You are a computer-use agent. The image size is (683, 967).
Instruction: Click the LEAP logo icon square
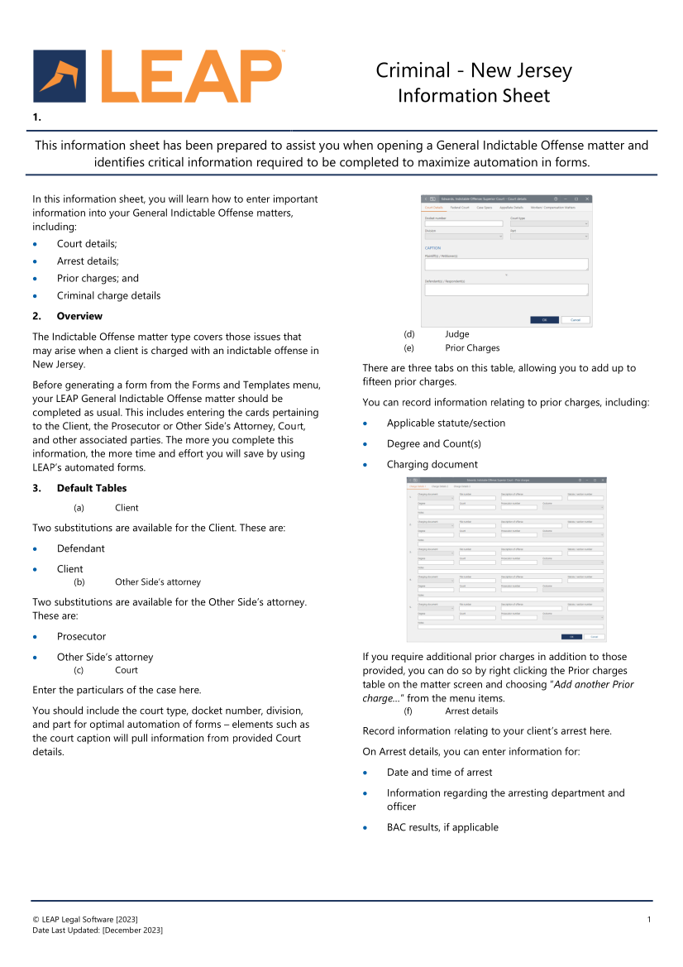[x=60, y=76]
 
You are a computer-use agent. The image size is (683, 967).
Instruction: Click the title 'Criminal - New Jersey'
[x=473, y=70]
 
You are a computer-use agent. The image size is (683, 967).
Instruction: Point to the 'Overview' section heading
[x=79, y=316]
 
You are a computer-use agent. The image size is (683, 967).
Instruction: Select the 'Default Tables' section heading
[x=92, y=488]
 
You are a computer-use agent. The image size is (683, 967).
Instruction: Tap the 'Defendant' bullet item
[x=81, y=548]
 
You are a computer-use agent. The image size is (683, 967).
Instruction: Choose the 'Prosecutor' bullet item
[x=81, y=636]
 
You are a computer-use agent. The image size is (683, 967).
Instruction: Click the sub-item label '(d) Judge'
[x=456, y=334]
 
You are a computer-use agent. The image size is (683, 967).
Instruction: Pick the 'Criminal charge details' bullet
[x=108, y=295]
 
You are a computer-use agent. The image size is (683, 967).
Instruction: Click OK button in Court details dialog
[x=544, y=320]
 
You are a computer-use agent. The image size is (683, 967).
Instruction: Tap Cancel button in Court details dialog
[x=575, y=320]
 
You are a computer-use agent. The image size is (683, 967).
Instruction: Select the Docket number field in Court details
[x=463, y=223]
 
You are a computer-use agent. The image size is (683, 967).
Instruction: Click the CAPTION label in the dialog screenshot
[x=432, y=247]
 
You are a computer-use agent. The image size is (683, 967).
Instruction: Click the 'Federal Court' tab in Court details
[x=459, y=208]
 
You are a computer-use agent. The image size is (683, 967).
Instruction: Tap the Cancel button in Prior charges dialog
[x=594, y=637]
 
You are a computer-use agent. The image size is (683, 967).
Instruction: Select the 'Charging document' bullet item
[x=432, y=464]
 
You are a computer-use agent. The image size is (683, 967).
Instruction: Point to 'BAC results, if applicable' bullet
[x=442, y=827]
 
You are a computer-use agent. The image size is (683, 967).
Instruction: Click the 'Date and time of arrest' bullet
[x=439, y=772]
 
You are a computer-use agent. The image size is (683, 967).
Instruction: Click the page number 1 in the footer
[x=649, y=920]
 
